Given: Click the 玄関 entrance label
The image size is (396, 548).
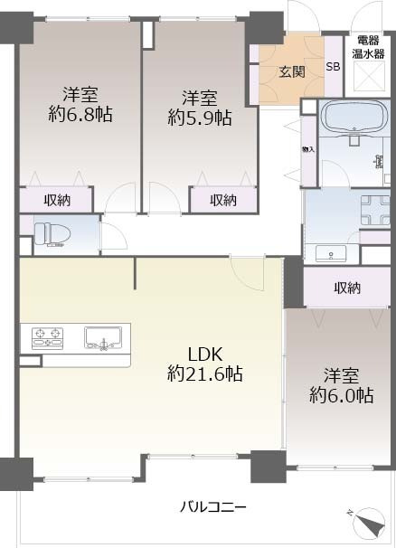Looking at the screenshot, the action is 292,71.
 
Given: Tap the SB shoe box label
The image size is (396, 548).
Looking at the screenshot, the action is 333,66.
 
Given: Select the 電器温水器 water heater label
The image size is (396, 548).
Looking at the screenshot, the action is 368,47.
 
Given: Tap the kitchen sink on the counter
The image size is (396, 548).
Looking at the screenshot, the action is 103,338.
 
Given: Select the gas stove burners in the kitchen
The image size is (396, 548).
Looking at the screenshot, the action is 47,338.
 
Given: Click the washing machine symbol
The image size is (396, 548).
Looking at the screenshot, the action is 375,210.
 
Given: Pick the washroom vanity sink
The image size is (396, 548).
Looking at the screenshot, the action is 331,253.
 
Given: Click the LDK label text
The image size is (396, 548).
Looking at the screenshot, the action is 205,354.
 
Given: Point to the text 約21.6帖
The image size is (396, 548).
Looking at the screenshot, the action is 205,374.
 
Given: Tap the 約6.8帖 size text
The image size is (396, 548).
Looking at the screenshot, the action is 80,114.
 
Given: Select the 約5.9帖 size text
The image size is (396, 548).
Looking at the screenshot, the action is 200,118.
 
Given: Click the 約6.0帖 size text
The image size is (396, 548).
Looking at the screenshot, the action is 341,395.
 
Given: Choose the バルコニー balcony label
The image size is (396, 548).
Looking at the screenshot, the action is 212,506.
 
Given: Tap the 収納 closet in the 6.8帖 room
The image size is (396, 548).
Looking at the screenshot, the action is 57,200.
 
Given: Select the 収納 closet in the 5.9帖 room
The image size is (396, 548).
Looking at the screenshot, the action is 223,200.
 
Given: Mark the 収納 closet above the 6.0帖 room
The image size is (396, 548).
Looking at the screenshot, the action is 346,288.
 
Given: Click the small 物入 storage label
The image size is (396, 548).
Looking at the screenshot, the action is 308,149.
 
